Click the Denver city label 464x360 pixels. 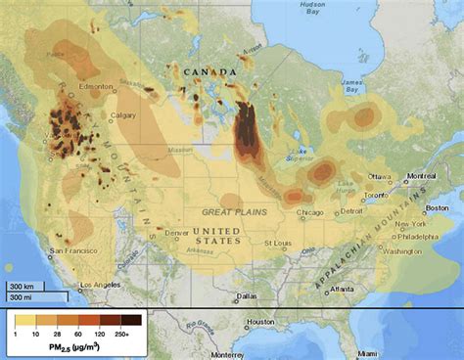tap(178, 233)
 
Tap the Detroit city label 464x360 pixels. tap(351, 211)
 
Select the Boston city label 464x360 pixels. tap(437, 207)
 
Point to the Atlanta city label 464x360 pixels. tap(343, 290)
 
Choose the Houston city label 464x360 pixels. tap(260, 322)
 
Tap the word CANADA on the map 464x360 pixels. tap(209, 72)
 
